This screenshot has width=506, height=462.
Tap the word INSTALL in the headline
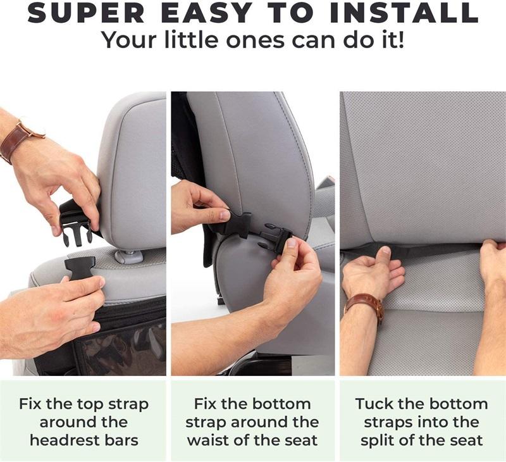coord(404,13)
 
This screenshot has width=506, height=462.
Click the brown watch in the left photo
coord(20,139)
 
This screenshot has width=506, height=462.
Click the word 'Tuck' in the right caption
coord(374,404)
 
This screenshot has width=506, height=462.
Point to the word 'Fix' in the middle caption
coord(205,404)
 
